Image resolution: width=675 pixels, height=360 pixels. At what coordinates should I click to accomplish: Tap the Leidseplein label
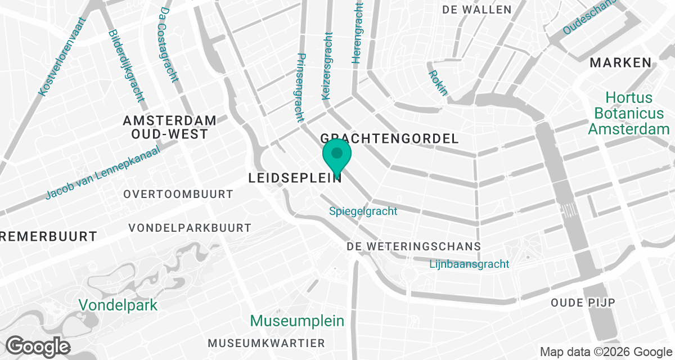coord(295,178)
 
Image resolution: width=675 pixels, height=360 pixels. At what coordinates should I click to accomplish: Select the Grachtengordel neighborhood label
coord(389,138)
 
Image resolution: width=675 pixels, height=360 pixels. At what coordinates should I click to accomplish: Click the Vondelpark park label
coord(118,305)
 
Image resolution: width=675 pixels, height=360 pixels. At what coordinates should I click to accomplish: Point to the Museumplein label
coord(296,321)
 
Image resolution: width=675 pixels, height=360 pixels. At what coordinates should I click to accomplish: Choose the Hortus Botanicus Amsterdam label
coord(628,114)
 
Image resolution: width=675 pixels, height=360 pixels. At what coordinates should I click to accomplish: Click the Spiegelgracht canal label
coord(363,211)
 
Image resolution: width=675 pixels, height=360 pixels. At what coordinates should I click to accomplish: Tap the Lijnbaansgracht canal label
coord(469,264)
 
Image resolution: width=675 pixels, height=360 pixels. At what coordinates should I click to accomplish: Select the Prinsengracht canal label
coord(300,88)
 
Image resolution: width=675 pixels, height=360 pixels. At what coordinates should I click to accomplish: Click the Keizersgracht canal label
coord(327,66)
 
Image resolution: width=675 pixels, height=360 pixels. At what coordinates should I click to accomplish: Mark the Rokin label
coord(438,83)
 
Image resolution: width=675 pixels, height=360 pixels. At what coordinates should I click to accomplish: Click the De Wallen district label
coord(477,10)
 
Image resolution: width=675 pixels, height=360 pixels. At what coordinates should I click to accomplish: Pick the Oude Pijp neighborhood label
coord(583,303)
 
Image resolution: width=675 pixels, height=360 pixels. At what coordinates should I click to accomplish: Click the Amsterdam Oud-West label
coord(169,127)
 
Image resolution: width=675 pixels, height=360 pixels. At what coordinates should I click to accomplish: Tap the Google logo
coord(38,345)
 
